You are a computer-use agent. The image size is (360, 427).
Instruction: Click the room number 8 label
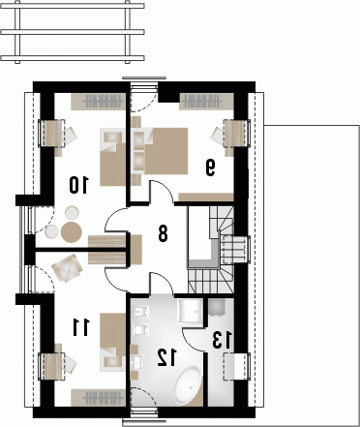[x=163, y=233]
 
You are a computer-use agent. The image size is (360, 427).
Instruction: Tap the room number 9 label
[x=210, y=168]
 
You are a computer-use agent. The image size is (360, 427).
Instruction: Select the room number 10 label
[x=78, y=185]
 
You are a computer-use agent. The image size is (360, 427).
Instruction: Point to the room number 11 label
[x=80, y=327]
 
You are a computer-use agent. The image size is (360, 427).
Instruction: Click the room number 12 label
[x=166, y=358]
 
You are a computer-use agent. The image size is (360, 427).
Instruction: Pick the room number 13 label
[x=223, y=340]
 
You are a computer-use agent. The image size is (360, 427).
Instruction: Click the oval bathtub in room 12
[x=190, y=385]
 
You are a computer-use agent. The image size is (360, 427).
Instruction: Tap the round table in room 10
[x=72, y=231]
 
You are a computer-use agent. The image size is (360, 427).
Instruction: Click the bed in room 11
[x=112, y=342]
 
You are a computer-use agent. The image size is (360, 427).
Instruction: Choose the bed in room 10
[x=112, y=157]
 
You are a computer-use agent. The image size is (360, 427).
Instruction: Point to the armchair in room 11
[x=68, y=268]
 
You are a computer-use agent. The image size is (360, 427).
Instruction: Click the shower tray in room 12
[x=191, y=311]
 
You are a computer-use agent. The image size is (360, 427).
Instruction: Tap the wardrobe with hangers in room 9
[x=206, y=102]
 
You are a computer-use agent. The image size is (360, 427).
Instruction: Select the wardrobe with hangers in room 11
[x=98, y=397]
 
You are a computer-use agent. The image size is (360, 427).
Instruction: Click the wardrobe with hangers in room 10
[x=98, y=102]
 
